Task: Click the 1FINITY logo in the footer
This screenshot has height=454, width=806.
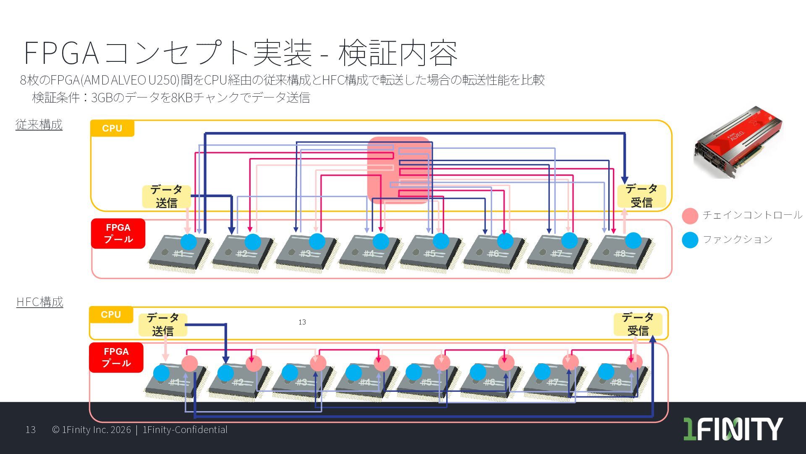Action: (733, 429)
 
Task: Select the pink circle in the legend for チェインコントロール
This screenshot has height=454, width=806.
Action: (690, 216)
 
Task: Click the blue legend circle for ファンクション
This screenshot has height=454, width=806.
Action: (690, 240)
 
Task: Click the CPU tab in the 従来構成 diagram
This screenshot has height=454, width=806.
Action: (112, 128)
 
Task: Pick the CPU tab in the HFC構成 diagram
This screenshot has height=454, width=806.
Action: (111, 314)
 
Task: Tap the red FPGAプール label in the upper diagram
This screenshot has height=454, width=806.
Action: (118, 233)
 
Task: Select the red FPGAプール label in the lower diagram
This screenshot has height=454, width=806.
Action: (116, 357)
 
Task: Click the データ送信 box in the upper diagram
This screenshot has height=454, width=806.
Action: (166, 196)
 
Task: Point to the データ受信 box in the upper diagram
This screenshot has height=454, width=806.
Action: (641, 195)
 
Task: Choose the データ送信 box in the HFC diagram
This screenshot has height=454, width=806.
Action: (162, 325)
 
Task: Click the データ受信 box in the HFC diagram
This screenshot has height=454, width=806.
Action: (638, 324)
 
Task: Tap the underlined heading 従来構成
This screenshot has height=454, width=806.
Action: (39, 124)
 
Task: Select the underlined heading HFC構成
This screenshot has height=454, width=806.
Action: (40, 302)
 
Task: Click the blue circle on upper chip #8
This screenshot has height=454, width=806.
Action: (633, 240)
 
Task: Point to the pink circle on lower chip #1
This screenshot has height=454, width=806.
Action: (189, 364)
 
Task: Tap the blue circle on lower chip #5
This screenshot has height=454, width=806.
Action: (414, 372)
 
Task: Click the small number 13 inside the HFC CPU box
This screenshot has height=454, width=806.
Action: (302, 322)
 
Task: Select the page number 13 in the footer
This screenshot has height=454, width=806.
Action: (31, 430)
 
